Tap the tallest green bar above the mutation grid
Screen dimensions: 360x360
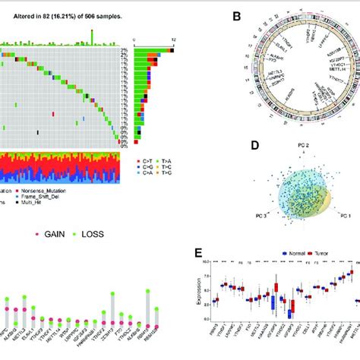point(91,33)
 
